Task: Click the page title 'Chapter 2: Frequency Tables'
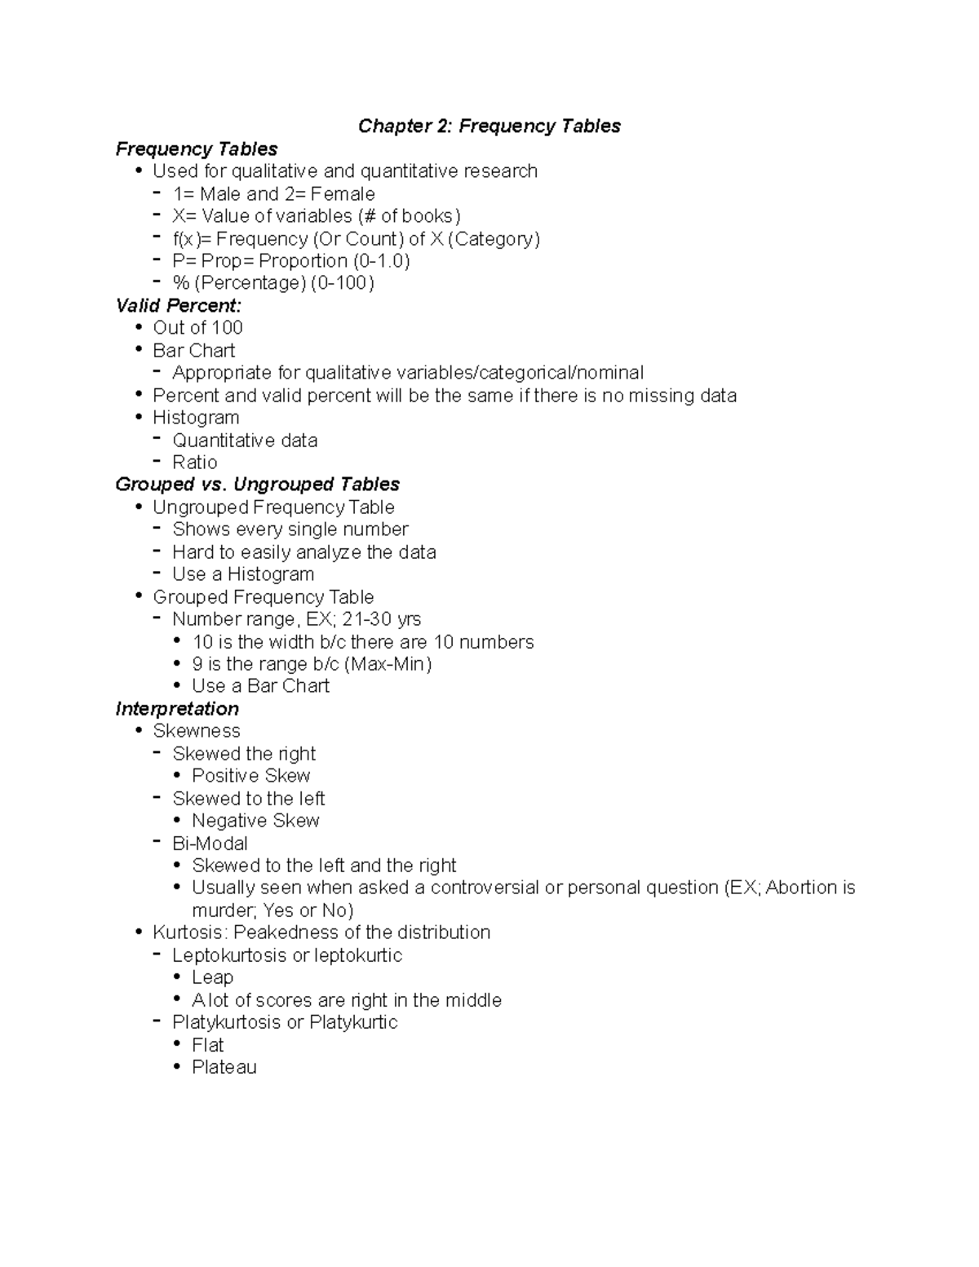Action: pyautogui.click(x=489, y=126)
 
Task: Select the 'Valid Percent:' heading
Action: pyautogui.click(x=179, y=305)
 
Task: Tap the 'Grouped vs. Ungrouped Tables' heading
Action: pyautogui.click(x=257, y=484)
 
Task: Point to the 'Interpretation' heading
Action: pyautogui.click(x=177, y=708)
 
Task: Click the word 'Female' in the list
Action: pyautogui.click(x=343, y=194)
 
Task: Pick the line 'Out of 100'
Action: pyautogui.click(x=197, y=327)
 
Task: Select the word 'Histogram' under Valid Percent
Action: pyautogui.click(x=196, y=417)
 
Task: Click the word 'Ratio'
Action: pyautogui.click(x=195, y=462)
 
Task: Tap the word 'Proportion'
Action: pyautogui.click(x=303, y=261)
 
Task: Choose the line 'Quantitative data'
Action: pyautogui.click(x=245, y=440)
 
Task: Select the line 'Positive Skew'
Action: pyautogui.click(x=251, y=775)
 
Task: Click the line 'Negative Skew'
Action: pyautogui.click(x=255, y=820)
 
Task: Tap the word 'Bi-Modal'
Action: pyautogui.click(x=210, y=843)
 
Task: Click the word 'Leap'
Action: pyautogui.click(x=212, y=977)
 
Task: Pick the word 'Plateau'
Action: pyautogui.click(x=224, y=1067)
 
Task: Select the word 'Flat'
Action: pyautogui.click(x=207, y=1044)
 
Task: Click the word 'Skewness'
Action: pyautogui.click(x=197, y=730)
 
